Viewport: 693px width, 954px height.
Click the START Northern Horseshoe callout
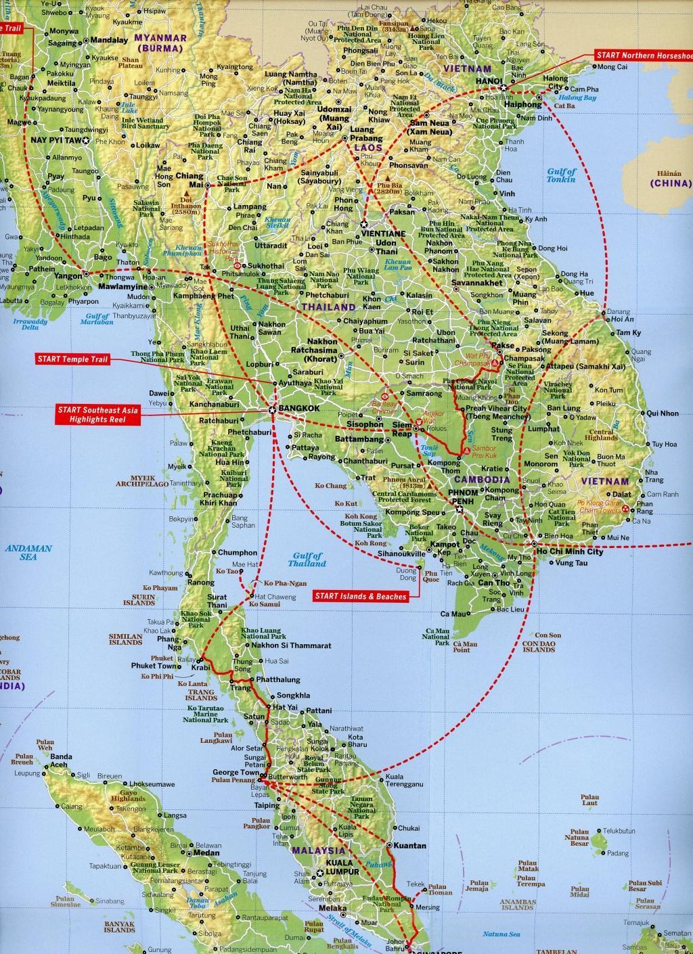[644, 55]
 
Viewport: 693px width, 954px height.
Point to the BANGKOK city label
[298, 409]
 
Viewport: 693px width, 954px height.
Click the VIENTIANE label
[384, 233]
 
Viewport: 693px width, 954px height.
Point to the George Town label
[233, 772]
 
